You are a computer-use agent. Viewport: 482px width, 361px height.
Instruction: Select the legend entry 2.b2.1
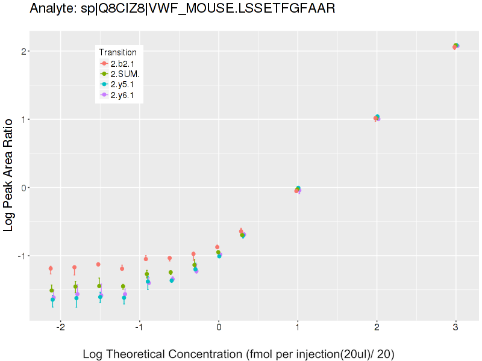click(x=121, y=63)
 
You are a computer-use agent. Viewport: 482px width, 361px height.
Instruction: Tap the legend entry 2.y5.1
click(x=121, y=85)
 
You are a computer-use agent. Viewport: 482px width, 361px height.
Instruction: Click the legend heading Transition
click(x=117, y=52)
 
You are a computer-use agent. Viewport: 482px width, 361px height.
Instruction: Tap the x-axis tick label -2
click(x=60, y=328)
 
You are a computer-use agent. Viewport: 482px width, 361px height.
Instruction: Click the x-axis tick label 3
click(x=455, y=328)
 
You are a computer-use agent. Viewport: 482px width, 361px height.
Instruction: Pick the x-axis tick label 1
click(x=298, y=328)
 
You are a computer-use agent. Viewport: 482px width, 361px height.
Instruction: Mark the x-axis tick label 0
click(x=219, y=328)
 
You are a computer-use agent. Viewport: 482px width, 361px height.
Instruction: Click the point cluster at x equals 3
click(x=455, y=46)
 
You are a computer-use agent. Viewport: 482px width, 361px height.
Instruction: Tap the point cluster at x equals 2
click(x=377, y=118)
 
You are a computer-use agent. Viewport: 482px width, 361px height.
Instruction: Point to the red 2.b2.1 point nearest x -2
click(x=51, y=268)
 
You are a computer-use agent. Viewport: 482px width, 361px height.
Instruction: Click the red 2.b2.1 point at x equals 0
click(x=217, y=247)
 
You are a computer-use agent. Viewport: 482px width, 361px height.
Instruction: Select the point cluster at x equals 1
click(x=298, y=190)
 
